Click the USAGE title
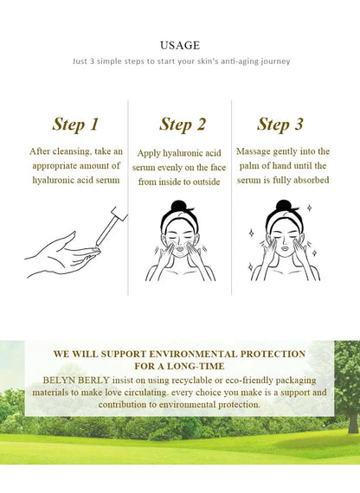coord(180,45)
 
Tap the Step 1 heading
coord(75,125)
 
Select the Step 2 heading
coord(183,125)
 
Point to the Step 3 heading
coord(280,125)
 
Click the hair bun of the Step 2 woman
coord(179,207)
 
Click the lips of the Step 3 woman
coord(285,249)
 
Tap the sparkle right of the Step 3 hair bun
coord(309,208)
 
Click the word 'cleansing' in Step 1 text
coord(72,151)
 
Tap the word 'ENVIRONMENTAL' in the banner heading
coord(193,354)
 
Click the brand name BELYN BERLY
coord(76,380)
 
